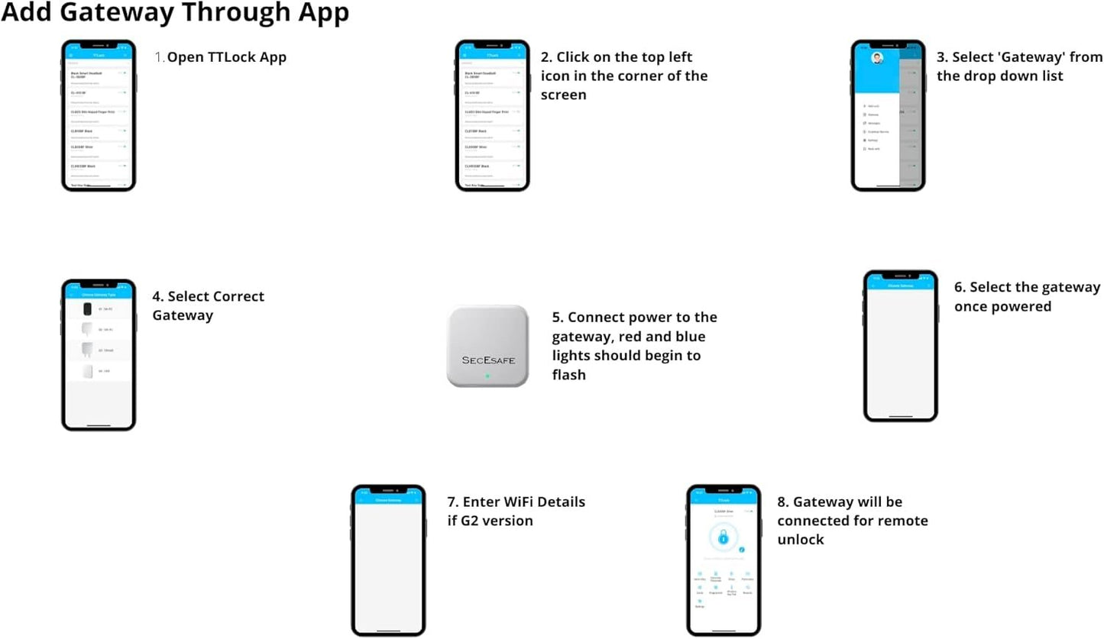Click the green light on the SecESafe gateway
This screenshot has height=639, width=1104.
point(487,376)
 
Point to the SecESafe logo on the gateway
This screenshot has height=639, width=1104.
point(487,359)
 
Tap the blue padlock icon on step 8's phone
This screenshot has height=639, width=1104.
point(723,538)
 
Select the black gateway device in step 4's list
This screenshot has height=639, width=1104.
point(87,308)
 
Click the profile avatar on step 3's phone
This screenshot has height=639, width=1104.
point(876,58)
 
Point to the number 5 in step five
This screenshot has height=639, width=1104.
point(556,317)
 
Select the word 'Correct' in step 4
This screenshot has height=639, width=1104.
point(238,296)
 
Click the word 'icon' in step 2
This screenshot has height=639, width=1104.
point(556,76)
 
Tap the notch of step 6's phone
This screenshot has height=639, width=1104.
point(900,275)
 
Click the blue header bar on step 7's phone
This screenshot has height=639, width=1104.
point(388,499)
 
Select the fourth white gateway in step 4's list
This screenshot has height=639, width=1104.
point(87,371)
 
